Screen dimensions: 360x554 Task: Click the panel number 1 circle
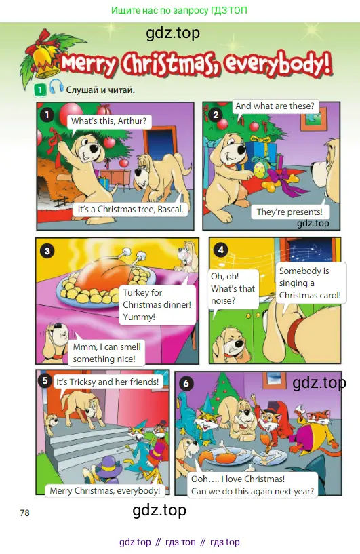click(47, 115)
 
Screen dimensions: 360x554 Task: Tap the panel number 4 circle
click(221, 250)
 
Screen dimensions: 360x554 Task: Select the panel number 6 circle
click(186, 383)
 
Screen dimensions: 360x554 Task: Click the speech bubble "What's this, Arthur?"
click(108, 121)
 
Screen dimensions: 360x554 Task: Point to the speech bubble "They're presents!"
click(289, 212)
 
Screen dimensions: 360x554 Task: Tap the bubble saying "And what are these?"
click(275, 106)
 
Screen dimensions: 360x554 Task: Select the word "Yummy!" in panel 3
click(139, 317)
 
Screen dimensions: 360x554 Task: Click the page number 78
click(24, 513)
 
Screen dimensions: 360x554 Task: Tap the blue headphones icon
click(56, 87)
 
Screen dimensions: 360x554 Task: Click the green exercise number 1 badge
click(40, 90)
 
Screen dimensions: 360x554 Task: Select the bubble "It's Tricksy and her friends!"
click(108, 382)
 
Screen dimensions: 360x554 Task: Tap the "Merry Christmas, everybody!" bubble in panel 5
click(105, 491)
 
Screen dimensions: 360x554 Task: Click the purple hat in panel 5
click(110, 466)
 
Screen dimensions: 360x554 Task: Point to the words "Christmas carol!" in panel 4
click(310, 296)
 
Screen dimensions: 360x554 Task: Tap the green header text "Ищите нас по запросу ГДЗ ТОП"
click(180, 10)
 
